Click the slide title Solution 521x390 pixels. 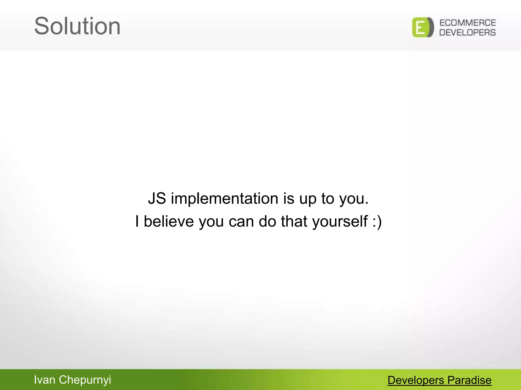pos(77,26)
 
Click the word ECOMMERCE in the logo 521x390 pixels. pos(468,23)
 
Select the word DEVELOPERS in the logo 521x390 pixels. pos(468,32)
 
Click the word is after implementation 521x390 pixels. pos(289,198)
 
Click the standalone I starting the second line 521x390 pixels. pos(137,221)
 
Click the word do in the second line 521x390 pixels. pos(267,221)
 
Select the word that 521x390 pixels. pos(294,221)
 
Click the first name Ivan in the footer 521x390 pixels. pos(45,380)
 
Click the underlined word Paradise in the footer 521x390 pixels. pos(469,380)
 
